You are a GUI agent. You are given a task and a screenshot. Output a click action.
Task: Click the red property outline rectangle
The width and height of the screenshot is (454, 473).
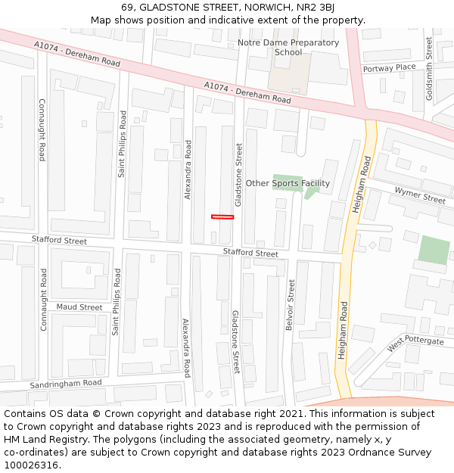[x=222, y=217]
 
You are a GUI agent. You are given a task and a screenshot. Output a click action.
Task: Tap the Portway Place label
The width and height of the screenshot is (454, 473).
[x=389, y=68]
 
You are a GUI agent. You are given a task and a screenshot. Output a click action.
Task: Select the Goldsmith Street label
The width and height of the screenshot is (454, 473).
[x=429, y=68]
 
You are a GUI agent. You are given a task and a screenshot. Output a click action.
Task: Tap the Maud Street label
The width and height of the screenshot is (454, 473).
[x=79, y=307]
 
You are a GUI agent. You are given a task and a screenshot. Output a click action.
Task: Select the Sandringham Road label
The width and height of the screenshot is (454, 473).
[x=66, y=384]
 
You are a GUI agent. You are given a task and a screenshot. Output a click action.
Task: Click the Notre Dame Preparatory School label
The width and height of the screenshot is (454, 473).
[x=288, y=47]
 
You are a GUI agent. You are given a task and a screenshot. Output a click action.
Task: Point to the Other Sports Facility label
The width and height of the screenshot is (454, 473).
[x=288, y=183]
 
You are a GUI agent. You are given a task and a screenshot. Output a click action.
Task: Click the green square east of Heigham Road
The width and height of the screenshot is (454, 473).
[x=434, y=251]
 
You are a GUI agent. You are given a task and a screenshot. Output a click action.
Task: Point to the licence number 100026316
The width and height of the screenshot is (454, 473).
[x=32, y=465]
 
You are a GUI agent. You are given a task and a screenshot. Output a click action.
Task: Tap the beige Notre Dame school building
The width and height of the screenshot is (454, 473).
[x=288, y=73]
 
